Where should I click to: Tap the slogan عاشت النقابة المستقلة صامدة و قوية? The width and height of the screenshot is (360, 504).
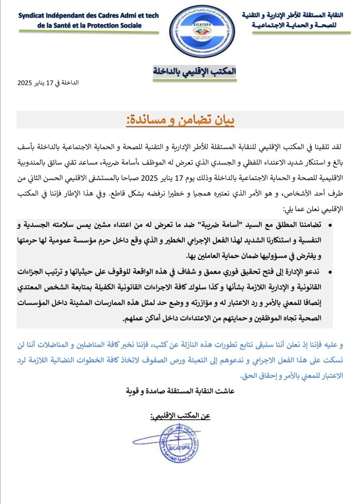[x=179, y=392]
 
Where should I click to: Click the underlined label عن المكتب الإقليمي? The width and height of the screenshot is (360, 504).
[x=180, y=416]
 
